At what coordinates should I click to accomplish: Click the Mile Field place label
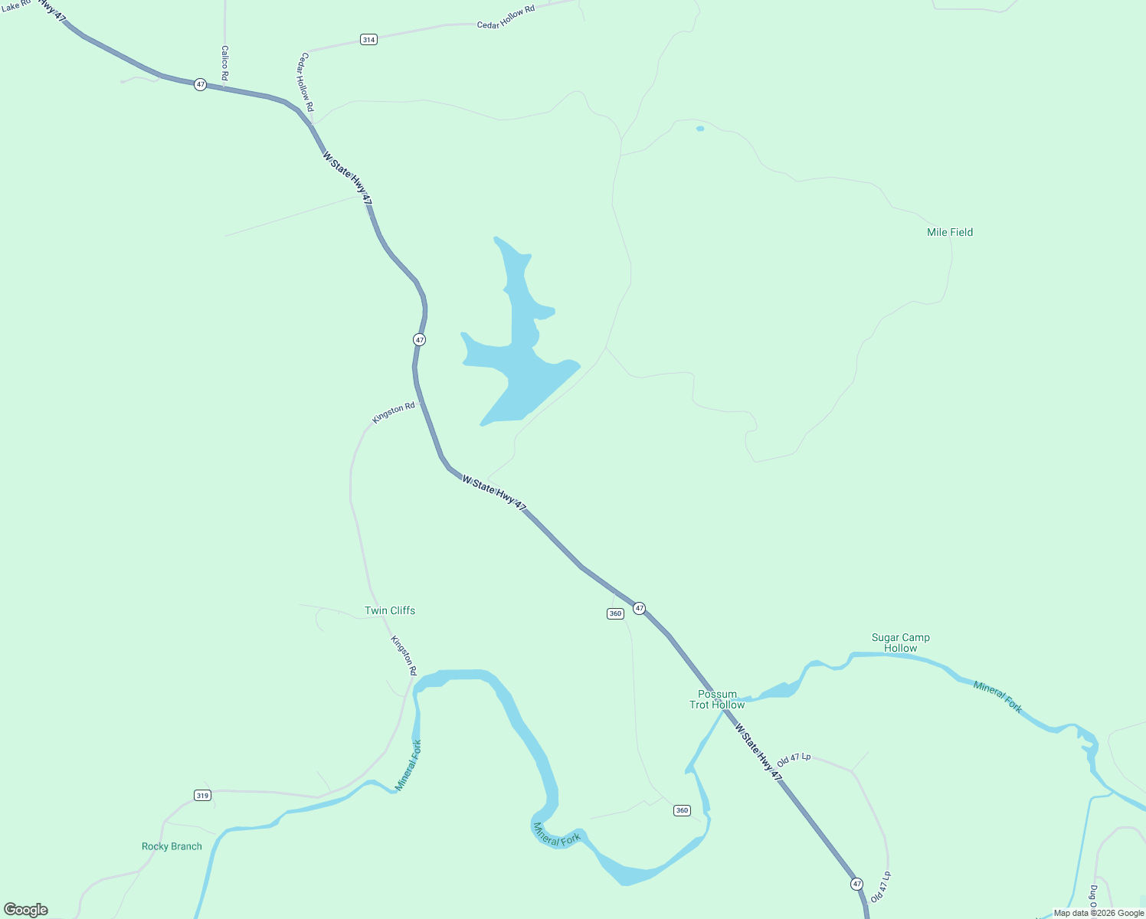coord(950,232)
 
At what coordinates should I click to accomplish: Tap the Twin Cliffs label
coord(390,610)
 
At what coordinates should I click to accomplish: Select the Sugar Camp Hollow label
coord(900,643)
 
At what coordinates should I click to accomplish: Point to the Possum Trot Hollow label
coord(717,699)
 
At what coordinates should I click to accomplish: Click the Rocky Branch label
coord(172,846)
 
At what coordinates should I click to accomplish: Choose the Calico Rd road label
coord(224,63)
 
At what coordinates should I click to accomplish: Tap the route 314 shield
coord(369,39)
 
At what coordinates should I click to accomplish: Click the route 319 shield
coord(202,795)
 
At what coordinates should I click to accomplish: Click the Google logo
coord(26,910)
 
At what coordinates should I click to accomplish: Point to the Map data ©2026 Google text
coord(1099,913)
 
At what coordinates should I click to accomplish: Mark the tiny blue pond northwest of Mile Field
coord(700,129)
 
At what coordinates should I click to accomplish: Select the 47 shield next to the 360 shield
coord(640,609)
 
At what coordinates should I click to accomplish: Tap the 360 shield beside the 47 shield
coord(615,613)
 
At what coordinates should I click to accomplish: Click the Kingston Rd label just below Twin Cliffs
coord(404,656)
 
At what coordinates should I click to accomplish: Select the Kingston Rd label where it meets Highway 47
coord(394,413)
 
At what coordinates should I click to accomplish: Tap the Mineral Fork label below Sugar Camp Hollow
coord(997,697)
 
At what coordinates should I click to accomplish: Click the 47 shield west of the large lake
coord(419,339)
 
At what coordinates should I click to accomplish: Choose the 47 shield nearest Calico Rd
coord(200,84)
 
